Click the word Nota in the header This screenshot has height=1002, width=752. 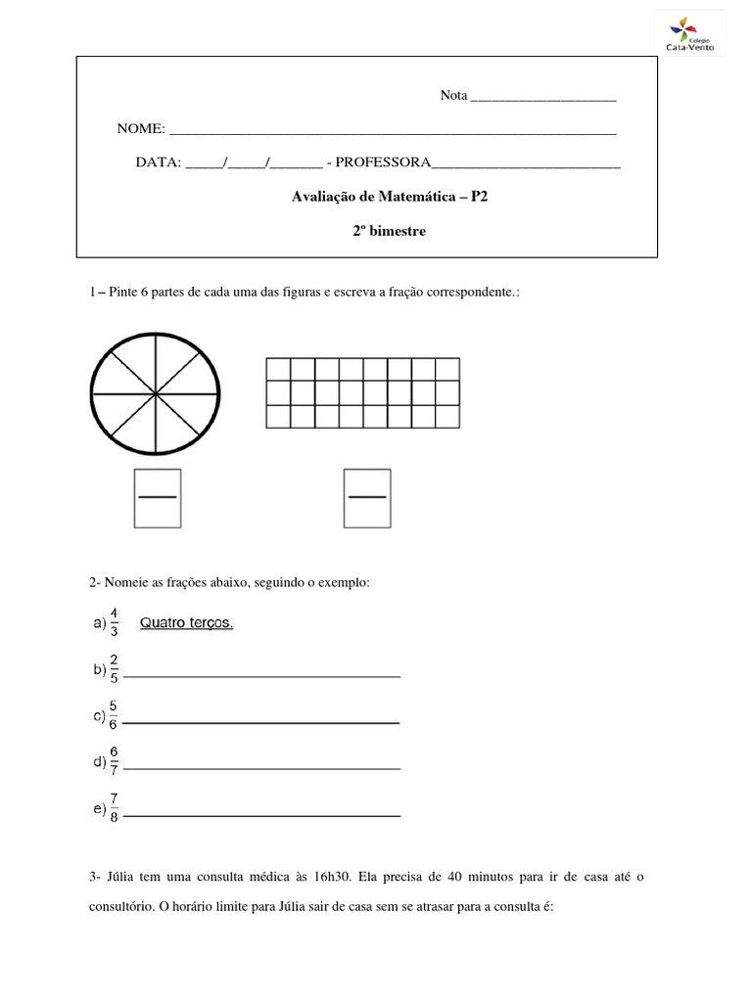click(x=454, y=95)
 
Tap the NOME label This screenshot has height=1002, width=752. click(x=141, y=129)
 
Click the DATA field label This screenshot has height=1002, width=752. click(x=158, y=161)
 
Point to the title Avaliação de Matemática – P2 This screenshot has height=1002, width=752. click(x=390, y=197)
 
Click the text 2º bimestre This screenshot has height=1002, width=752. click(x=390, y=232)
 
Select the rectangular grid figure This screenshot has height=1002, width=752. click(x=362, y=392)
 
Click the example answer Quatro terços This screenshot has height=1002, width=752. click(x=187, y=623)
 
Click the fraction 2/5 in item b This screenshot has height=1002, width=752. click(x=115, y=669)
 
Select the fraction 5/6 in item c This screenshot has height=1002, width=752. click(x=114, y=715)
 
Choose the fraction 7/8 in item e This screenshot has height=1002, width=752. click(x=114, y=808)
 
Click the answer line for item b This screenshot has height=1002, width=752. click(x=262, y=675)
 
